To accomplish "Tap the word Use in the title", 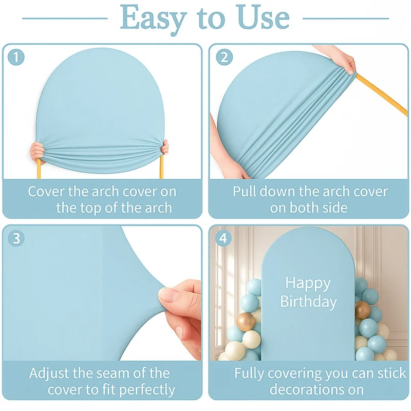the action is click(x=263, y=17).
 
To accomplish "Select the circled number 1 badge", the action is click(x=16, y=57).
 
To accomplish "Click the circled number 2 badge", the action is click(x=225, y=57).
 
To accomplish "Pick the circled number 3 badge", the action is click(x=16, y=238).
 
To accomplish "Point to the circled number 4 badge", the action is click(x=223, y=238).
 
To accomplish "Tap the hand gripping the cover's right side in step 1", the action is click(x=164, y=148).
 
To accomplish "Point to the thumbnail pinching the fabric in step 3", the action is click(x=166, y=295).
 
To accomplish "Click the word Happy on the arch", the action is click(x=308, y=284).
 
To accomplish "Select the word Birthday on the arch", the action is click(x=309, y=302).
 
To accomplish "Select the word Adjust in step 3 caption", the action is click(x=50, y=373).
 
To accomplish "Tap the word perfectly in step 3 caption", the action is click(x=147, y=390).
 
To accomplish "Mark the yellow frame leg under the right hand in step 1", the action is click(x=161, y=167).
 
